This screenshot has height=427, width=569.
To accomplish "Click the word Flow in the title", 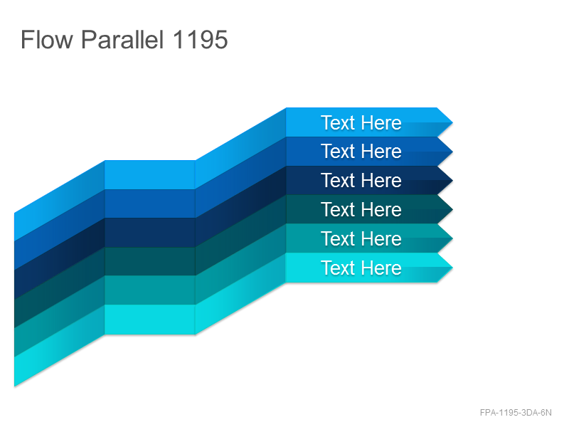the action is [47, 39].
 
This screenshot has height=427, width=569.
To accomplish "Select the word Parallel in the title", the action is [122, 39].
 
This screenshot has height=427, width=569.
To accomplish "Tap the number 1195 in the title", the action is [200, 39].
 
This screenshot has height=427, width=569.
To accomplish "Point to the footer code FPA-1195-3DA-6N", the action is [516, 413].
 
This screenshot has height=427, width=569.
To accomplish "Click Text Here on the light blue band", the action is [361, 122].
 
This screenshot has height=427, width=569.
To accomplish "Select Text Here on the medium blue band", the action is [361, 151].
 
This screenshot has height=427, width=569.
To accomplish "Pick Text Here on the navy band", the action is [361, 181].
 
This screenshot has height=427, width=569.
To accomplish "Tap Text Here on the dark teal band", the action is [361, 209].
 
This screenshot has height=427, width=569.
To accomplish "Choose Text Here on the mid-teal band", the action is [361, 238].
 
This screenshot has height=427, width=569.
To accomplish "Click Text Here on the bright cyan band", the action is [361, 268].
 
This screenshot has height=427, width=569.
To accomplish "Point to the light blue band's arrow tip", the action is [452, 122].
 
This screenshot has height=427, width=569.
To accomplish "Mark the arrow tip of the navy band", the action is [452, 181].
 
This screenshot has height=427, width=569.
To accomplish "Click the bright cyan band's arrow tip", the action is [452, 268].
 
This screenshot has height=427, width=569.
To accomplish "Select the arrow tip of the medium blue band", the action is [452, 152].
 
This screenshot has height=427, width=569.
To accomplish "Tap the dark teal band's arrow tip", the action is [452, 209].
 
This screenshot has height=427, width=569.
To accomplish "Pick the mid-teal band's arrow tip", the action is [452, 238].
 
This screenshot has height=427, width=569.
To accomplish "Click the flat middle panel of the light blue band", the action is [150, 174].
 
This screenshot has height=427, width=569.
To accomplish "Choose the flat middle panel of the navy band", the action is [150, 233].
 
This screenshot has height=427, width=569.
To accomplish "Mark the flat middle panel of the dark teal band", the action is [150, 261].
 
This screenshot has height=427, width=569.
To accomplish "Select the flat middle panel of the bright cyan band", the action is [150, 320].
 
